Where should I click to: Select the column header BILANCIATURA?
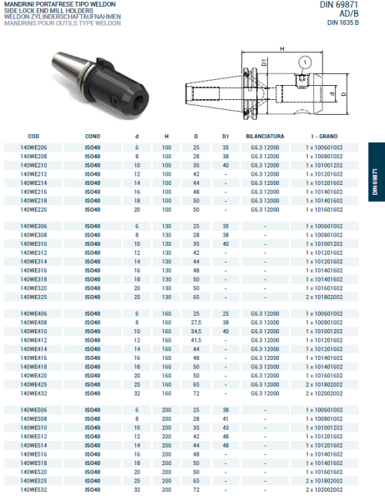(x=265, y=135)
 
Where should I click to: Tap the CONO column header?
(x=92, y=135)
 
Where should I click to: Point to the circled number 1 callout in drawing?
(x=306, y=61)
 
